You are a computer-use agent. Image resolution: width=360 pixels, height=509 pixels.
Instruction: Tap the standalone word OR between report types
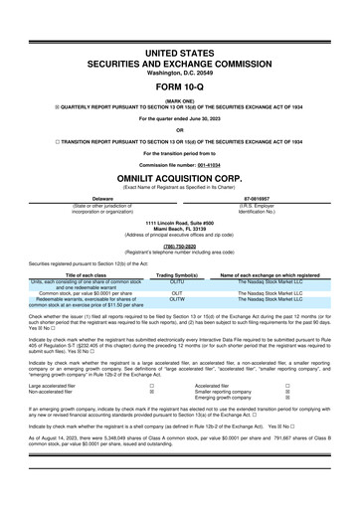click(179, 130)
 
